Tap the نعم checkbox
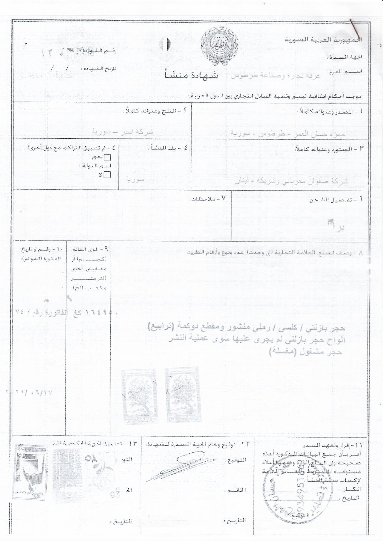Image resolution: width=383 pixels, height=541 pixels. click(107, 157)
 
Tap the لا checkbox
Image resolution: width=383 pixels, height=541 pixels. click(107, 175)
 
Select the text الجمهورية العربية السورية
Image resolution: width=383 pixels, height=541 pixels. click(323, 40)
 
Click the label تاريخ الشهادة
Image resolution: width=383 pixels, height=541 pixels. click(98, 69)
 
